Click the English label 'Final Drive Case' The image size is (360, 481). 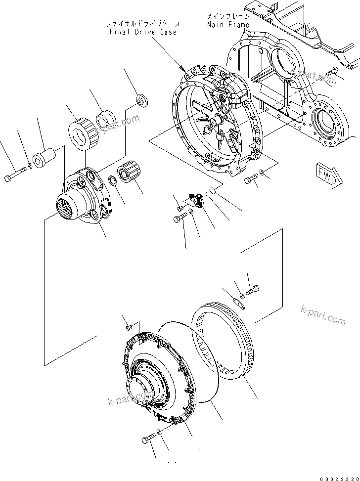pos(143,32)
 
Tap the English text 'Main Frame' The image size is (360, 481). pos(228,24)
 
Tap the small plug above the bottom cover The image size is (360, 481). pos(128,326)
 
